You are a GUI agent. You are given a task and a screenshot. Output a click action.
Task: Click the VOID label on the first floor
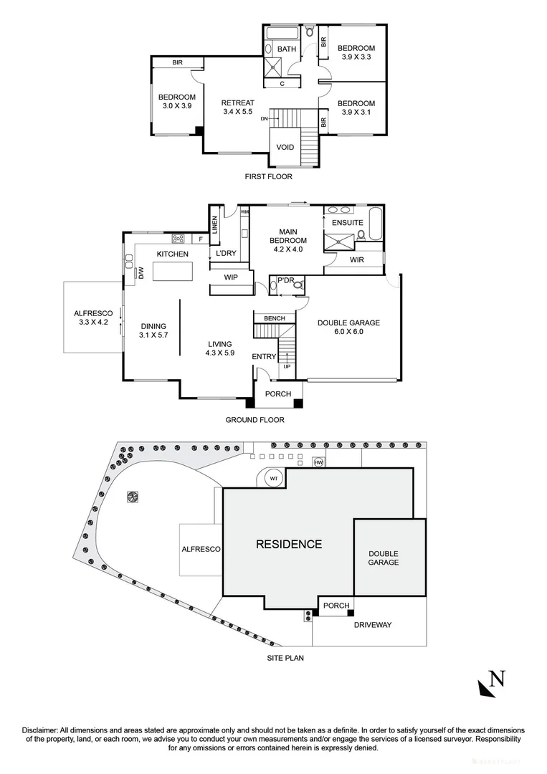coord(285,148)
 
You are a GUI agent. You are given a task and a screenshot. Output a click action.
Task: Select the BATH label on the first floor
coord(287,49)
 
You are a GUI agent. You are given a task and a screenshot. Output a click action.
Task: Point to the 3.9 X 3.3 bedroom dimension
coord(356,57)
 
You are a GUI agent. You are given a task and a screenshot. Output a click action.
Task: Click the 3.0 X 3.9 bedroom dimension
coord(177,106)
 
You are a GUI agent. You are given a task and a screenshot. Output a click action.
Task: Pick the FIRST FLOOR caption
coord(267,176)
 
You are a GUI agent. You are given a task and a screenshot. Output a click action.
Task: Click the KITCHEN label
coord(173,254)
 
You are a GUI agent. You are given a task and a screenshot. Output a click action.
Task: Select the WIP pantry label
coord(231,277)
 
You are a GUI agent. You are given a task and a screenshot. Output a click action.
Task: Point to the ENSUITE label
coord(347,223)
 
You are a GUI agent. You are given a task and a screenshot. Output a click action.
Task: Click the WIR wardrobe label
coord(356,259)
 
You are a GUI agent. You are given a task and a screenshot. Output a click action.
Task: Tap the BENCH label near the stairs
coord(275,318)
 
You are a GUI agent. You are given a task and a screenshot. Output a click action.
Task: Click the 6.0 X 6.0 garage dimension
coord(349,332)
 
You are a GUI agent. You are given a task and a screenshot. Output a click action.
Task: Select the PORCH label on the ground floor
coord(278,394)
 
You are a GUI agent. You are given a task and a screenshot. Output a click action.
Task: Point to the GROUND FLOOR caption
coord(255,420)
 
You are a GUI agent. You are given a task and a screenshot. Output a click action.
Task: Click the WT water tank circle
coord(274,478)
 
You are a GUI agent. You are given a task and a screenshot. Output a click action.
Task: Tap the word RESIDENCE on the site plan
coord(289,544)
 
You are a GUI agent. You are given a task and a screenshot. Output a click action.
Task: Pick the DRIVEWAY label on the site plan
coord(373,625)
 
